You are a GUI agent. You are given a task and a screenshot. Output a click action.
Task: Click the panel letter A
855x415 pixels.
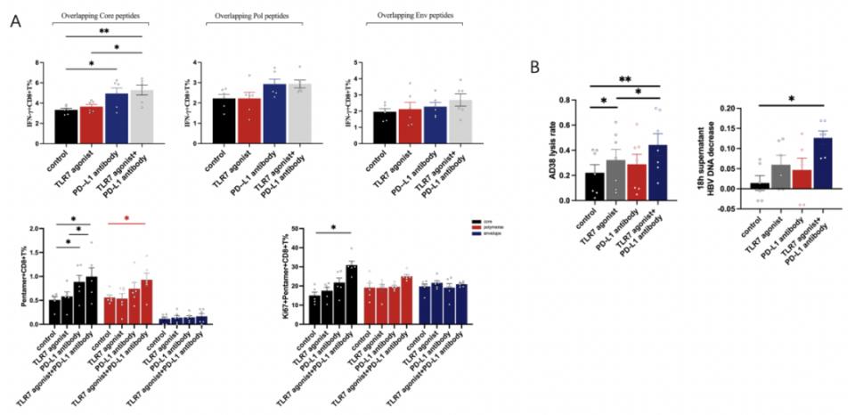(x=15, y=20)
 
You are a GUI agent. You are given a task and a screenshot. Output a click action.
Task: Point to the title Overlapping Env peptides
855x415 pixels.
(x=398, y=16)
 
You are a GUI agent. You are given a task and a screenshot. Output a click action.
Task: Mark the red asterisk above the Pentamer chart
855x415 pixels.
(x=126, y=217)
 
